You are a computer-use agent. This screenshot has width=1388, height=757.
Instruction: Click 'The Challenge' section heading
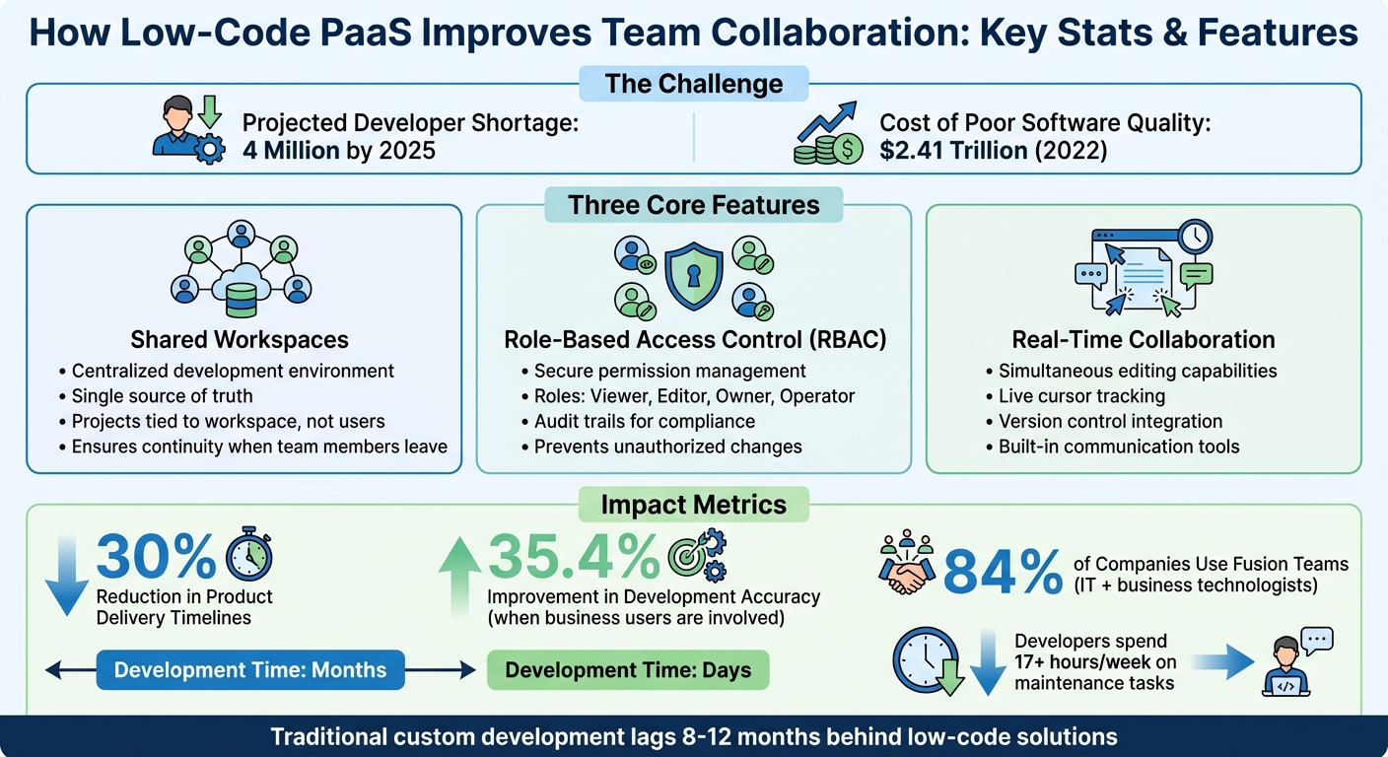tap(694, 84)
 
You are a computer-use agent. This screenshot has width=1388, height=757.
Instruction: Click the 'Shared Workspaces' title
tap(240, 340)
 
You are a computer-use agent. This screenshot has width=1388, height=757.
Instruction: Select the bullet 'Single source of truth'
tap(162, 396)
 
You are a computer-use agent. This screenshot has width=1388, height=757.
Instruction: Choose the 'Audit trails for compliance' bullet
tap(644, 422)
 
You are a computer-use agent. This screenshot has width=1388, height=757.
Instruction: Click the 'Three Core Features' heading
tap(694, 205)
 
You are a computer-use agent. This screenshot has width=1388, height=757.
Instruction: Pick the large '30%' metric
tap(156, 557)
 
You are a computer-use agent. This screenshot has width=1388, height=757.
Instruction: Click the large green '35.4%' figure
tap(574, 557)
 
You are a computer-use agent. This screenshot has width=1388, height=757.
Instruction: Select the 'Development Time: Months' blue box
tap(250, 670)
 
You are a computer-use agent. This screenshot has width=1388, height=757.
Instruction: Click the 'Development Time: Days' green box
tap(628, 670)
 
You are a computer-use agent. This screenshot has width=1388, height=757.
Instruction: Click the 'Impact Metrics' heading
tap(694, 505)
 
